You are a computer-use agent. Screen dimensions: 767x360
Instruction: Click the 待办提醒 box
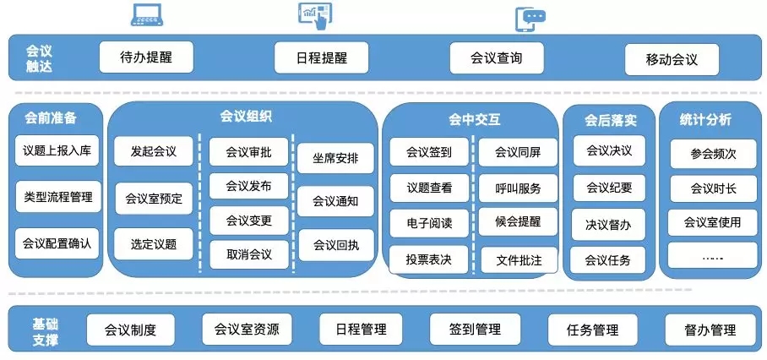pos(146,57)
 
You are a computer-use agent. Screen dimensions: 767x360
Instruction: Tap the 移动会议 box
pos(672,59)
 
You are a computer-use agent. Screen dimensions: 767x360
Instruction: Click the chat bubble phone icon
pos(530,20)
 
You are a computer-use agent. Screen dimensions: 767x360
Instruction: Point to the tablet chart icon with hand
pos(315,16)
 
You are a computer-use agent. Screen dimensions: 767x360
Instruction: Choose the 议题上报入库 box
pos(57,150)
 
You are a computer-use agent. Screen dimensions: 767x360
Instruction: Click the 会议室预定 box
pos(154,198)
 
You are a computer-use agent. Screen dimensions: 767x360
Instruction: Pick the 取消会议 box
pos(249,254)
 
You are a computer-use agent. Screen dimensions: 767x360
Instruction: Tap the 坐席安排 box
pos(335,158)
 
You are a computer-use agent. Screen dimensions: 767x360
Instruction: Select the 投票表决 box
pos(428,259)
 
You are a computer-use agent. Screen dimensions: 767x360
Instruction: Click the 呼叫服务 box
pos(518,188)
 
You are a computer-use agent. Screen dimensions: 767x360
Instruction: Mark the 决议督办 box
pos(608,225)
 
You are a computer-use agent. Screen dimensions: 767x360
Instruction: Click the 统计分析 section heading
pos(705,120)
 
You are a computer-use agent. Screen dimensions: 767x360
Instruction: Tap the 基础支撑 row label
pos(46,331)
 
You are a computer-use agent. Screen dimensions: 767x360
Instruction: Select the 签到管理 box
pos(475,330)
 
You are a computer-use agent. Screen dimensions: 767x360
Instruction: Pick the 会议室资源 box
pos(247,329)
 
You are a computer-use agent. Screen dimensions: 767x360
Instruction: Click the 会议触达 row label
pos(39,59)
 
